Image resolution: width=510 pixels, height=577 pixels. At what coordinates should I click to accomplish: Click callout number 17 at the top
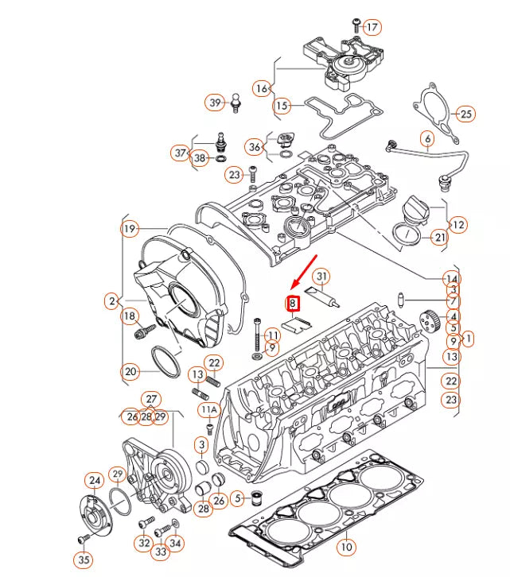(372, 27)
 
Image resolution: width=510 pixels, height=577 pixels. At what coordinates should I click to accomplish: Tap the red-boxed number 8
(292, 303)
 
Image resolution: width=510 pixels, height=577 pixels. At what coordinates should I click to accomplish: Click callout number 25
(465, 114)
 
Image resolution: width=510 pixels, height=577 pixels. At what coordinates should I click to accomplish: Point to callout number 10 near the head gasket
(345, 547)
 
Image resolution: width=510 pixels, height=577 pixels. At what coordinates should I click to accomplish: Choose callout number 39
(215, 103)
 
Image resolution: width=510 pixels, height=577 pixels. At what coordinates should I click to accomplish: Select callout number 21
(439, 238)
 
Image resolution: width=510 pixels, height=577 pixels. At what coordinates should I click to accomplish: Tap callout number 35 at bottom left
(84, 560)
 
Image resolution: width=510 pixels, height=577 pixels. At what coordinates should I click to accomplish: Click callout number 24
(95, 481)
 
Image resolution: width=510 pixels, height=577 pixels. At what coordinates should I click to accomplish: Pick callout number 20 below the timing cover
(130, 371)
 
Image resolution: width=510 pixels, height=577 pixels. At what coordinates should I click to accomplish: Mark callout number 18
(130, 317)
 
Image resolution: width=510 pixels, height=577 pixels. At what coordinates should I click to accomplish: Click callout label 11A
(208, 410)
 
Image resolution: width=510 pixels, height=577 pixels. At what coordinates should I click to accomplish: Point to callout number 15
(282, 105)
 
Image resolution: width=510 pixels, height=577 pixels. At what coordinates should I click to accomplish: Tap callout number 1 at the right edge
(469, 339)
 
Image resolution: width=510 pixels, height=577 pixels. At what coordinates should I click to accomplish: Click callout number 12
(458, 226)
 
